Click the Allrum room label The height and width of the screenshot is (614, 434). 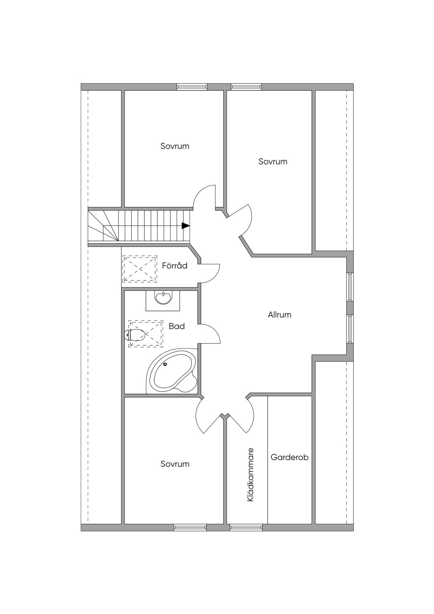[x=280, y=315]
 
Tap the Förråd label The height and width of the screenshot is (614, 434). [x=175, y=265]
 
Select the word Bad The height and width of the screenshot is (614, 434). [x=177, y=326]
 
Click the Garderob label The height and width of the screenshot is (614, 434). [x=289, y=457]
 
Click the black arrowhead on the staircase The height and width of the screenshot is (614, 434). [x=185, y=225]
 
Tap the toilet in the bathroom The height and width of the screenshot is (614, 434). [x=134, y=335]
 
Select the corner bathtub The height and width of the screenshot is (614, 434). [x=172, y=371]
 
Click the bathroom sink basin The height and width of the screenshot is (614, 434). [x=163, y=297]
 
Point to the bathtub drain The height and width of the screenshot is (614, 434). [x=165, y=364]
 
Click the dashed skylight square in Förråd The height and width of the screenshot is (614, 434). [x=139, y=269]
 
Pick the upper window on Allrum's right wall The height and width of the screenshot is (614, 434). [x=350, y=287]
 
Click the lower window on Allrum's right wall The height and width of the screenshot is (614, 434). [x=350, y=329]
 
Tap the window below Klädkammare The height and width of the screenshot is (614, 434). [x=246, y=528]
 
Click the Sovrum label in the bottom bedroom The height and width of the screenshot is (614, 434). [x=175, y=464]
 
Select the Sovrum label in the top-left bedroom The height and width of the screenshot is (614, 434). [x=175, y=146]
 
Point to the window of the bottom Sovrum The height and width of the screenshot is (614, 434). [x=190, y=528]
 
